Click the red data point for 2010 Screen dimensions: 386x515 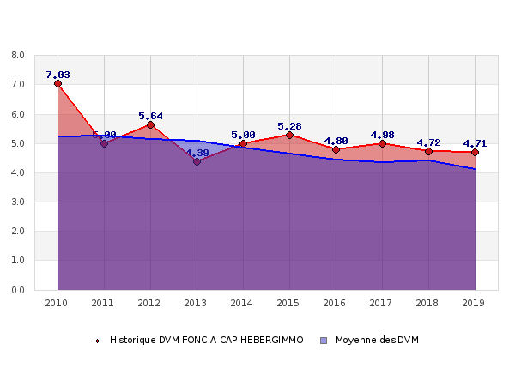(x=58, y=84)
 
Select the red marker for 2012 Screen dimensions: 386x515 (x=150, y=124)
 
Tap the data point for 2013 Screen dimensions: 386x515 (x=197, y=161)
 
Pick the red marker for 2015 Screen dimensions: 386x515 (x=289, y=136)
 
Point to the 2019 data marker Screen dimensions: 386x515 (x=475, y=152)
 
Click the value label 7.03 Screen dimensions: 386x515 (x=58, y=75)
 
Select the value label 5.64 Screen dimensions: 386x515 (x=150, y=116)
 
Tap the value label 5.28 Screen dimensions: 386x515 (x=289, y=126)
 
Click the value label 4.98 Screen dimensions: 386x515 (x=382, y=135)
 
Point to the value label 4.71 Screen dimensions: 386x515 (x=475, y=143)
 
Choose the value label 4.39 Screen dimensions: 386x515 (x=197, y=153)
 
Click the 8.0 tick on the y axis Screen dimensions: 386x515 (x=17, y=56)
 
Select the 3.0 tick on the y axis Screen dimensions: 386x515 (x=17, y=202)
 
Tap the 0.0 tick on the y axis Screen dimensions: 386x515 (x=17, y=290)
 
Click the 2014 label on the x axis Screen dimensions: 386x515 (x=243, y=303)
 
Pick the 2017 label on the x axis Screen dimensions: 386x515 (x=382, y=303)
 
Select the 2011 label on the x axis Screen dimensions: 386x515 (x=104, y=303)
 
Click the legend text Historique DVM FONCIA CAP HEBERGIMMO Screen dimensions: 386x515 (x=206, y=341)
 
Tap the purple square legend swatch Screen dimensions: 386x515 (x=324, y=341)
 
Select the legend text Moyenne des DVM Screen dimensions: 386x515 (x=377, y=341)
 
